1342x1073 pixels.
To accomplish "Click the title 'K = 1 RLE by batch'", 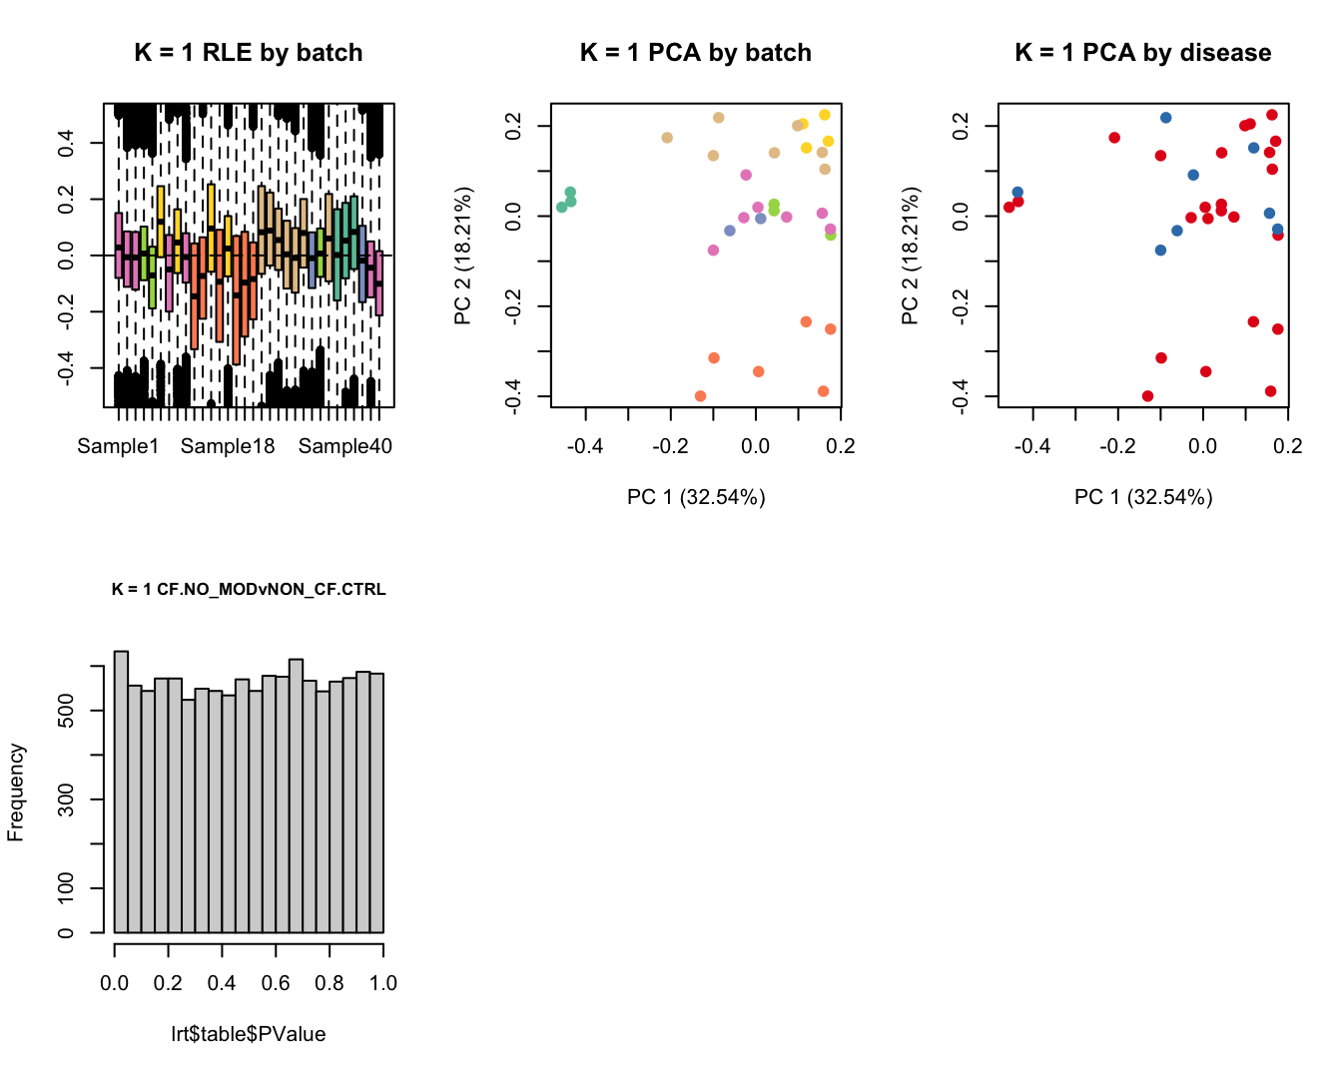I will point(249,53).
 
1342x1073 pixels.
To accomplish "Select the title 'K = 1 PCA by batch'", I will point(696,53).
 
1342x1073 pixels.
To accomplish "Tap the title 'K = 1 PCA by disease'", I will point(1143,53).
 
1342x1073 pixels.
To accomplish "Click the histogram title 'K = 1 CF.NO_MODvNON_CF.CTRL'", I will point(249,589).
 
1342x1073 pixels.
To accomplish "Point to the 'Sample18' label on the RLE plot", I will point(228,446).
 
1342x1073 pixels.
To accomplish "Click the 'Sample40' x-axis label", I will point(345,446).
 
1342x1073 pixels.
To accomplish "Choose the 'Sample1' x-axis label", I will point(118,446).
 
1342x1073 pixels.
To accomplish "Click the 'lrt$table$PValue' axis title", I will point(249,1034).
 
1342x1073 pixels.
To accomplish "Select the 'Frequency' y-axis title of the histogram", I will point(16,793).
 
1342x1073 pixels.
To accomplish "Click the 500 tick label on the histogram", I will point(66,711).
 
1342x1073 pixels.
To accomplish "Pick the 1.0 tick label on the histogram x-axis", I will point(383,983).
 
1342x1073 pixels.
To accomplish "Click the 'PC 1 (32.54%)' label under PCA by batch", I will point(696,497).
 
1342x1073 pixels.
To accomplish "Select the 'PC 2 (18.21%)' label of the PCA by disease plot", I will point(910,256).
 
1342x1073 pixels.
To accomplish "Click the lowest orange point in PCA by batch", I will point(700,396).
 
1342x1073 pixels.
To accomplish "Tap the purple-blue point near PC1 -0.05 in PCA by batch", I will point(730,231).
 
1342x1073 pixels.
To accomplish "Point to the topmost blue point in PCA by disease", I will point(1165,118).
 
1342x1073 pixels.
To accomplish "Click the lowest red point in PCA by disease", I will point(1147,396).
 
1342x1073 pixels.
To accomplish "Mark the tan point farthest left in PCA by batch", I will point(667,138).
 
